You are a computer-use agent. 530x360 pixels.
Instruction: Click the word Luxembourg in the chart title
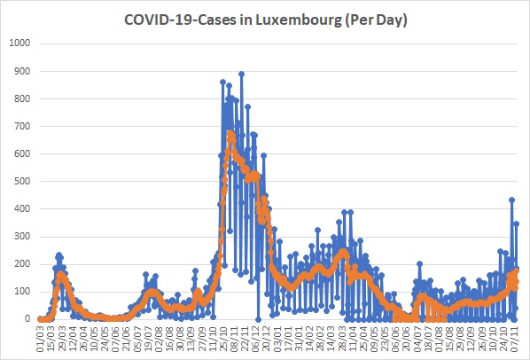pos(298,20)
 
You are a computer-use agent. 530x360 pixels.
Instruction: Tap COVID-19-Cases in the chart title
pos(180,20)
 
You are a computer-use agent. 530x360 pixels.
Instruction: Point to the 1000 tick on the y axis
pos(19,43)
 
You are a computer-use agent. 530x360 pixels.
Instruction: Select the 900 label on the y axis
pos(22,71)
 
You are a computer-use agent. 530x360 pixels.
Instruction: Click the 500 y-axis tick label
pos(22,181)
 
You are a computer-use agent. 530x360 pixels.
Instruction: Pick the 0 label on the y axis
pos(27,318)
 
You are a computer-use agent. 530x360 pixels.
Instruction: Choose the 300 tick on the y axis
pos(22,236)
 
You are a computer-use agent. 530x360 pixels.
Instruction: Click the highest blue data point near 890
pos(241,74)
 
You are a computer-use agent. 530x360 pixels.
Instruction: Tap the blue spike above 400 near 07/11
pos(511,200)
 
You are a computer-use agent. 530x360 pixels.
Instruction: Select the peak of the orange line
pos(230,133)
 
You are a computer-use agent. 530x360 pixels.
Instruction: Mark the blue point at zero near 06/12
pos(259,319)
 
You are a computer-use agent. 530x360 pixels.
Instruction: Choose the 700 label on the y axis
pos(22,126)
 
